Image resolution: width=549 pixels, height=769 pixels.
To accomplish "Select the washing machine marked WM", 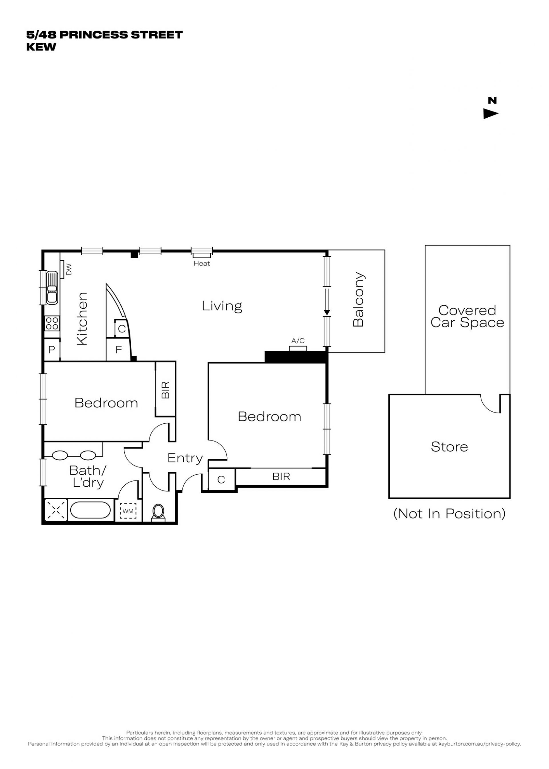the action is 128,511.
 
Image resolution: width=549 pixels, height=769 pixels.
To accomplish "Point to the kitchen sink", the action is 52,288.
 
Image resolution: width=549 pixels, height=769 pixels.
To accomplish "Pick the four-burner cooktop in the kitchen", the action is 52,323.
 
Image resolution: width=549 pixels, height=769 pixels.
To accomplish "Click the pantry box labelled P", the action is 52,349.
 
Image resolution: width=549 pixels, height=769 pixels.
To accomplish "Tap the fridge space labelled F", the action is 118,349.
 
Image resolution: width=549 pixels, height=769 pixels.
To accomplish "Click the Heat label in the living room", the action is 202,263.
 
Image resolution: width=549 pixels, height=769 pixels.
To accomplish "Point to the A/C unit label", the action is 298,341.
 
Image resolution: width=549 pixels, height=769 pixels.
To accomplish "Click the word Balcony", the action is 358,300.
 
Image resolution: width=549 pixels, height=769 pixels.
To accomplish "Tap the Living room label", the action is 222,306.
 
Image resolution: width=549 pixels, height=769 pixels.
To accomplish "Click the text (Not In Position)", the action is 449,514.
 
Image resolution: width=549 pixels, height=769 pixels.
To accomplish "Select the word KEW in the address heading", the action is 41,47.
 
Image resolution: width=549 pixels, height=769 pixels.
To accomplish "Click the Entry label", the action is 185,458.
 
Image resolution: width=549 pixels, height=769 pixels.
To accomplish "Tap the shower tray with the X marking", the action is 56,511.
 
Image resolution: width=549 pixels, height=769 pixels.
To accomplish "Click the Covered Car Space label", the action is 467,316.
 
